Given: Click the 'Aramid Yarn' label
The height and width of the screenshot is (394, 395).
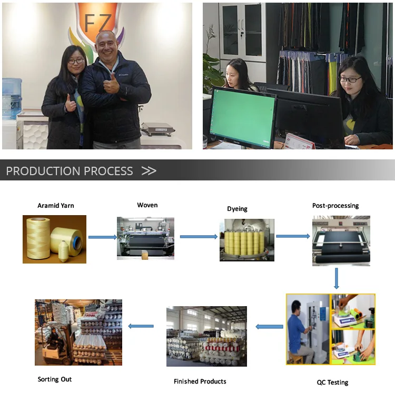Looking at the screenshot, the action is (x=55, y=206).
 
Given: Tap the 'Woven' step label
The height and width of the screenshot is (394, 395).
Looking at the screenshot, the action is (x=147, y=205).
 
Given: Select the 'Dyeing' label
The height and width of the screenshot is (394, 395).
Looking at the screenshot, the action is (x=237, y=209).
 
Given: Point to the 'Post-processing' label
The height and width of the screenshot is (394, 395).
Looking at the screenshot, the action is (x=335, y=206).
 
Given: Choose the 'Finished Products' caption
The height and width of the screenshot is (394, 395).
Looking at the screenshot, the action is (x=200, y=381).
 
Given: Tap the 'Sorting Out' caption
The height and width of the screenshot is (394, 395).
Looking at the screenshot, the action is (x=55, y=379).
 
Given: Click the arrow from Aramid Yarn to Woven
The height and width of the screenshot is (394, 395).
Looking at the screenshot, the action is (x=102, y=237).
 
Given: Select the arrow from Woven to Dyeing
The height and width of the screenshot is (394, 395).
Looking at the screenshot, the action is (x=199, y=237).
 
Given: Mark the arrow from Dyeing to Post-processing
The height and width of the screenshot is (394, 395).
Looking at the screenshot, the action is (x=293, y=236).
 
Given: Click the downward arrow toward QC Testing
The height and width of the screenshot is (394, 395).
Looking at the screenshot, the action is (x=336, y=279).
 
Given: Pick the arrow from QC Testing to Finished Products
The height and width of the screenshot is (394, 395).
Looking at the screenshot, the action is (x=269, y=327).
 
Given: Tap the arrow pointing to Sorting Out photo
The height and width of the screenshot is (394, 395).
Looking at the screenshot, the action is (x=141, y=326).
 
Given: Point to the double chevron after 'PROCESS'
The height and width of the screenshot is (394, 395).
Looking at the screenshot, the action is (x=149, y=171).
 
